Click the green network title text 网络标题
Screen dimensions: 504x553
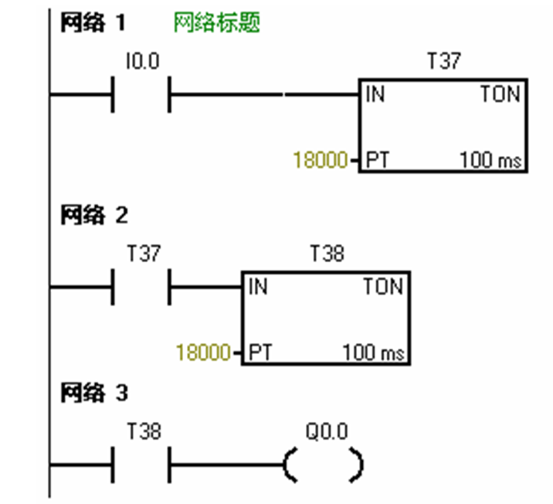coord(216,23)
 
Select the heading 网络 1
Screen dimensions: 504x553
coord(93,23)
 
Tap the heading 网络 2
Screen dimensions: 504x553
coord(94,216)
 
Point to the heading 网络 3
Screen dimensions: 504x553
coord(94,393)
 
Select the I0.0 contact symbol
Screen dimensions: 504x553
coord(141,95)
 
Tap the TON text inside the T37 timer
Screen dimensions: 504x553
coord(500,95)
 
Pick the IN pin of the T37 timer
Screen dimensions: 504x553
coord(375,95)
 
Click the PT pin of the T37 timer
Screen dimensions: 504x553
coord(376,162)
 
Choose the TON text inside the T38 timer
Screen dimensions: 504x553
coord(383,288)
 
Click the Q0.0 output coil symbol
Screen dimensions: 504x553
coord(323,466)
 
